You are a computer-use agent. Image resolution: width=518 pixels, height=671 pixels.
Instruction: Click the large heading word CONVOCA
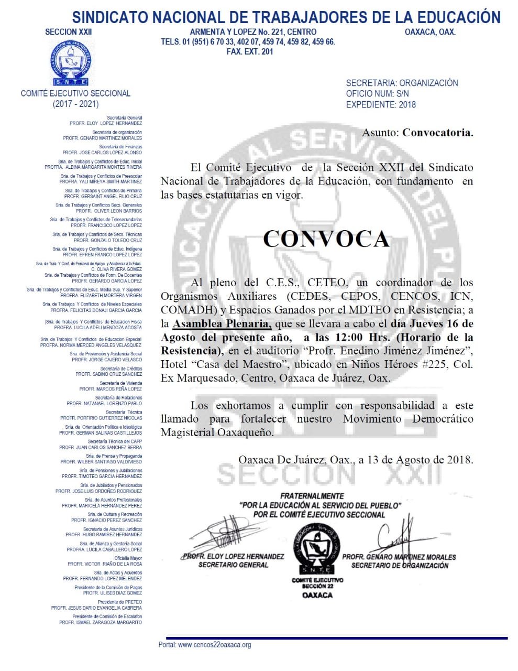coord(326,239)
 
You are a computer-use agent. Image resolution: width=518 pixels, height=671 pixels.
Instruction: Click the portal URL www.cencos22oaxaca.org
coord(214,645)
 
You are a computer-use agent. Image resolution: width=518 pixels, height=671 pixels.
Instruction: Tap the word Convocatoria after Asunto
coord(437,133)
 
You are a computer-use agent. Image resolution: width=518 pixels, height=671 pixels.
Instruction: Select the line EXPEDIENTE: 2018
coord(381,104)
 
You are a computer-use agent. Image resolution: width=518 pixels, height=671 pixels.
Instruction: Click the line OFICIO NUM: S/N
coord(377,93)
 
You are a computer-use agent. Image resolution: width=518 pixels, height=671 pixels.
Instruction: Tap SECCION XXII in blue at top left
coord(69,32)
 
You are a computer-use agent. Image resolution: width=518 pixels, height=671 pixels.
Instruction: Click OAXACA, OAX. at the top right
coord(430,32)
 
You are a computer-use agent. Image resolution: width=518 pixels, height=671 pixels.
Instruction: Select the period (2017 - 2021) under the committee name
coord(75,104)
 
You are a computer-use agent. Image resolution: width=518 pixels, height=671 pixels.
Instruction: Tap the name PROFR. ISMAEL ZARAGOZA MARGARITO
coord(101,622)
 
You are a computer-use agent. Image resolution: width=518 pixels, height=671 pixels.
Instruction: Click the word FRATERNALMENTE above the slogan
coord(312,496)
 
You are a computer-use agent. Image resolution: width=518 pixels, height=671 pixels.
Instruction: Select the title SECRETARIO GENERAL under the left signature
coord(233,565)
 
